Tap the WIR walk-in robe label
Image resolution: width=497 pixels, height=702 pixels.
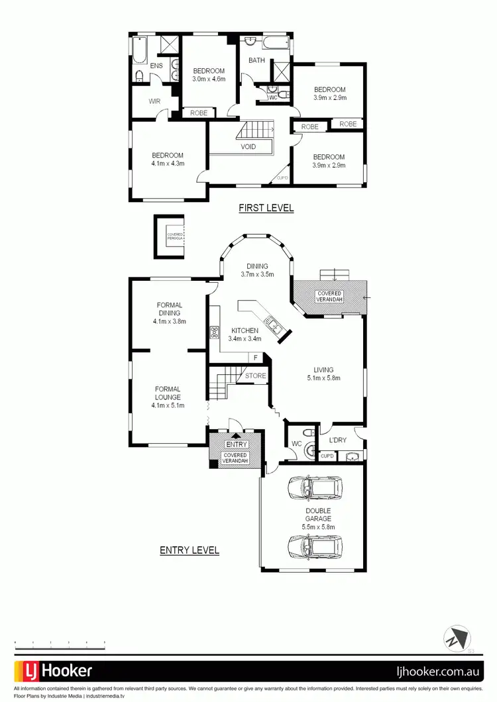click(x=154, y=101)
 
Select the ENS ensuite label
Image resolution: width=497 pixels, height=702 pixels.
click(x=156, y=66)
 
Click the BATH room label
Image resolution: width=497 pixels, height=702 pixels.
click(x=256, y=60)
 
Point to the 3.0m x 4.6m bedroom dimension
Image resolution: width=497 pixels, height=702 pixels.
click(x=209, y=79)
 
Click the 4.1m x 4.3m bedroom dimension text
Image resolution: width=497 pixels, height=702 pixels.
click(x=168, y=164)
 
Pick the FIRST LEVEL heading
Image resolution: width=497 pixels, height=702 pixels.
click(x=266, y=208)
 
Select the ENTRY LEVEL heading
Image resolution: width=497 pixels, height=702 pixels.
click(x=190, y=550)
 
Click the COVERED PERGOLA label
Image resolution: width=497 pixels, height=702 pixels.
click(x=176, y=235)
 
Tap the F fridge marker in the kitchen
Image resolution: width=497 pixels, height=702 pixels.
click(x=255, y=358)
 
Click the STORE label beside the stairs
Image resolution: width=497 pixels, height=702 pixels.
click(x=255, y=376)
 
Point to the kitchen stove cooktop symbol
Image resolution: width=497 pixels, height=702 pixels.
click(x=215, y=332)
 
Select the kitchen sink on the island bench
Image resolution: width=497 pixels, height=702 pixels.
click(x=272, y=324)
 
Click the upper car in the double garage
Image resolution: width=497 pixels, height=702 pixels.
click(x=315, y=489)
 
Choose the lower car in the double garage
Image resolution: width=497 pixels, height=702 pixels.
click(x=315, y=548)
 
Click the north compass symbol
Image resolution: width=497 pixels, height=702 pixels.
click(x=457, y=639)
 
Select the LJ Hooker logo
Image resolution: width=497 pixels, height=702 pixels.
click(x=54, y=670)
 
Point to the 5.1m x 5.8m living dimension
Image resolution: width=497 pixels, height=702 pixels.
click(x=324, y=378)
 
